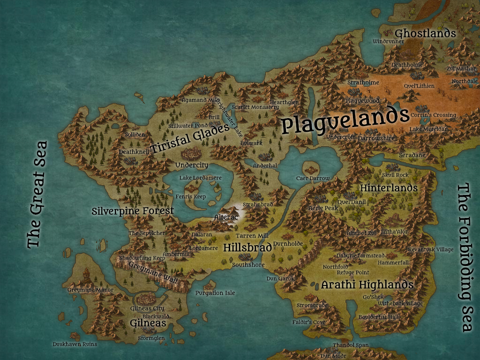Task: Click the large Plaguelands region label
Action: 345,121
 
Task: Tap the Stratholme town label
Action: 363,82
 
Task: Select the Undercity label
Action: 191,165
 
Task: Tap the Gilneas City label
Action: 147,308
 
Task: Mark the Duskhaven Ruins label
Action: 75,344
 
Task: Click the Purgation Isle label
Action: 215,293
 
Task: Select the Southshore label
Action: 248,265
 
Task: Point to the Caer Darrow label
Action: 313,178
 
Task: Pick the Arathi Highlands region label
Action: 367,285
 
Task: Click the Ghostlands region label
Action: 425,33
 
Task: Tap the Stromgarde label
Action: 311,305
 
